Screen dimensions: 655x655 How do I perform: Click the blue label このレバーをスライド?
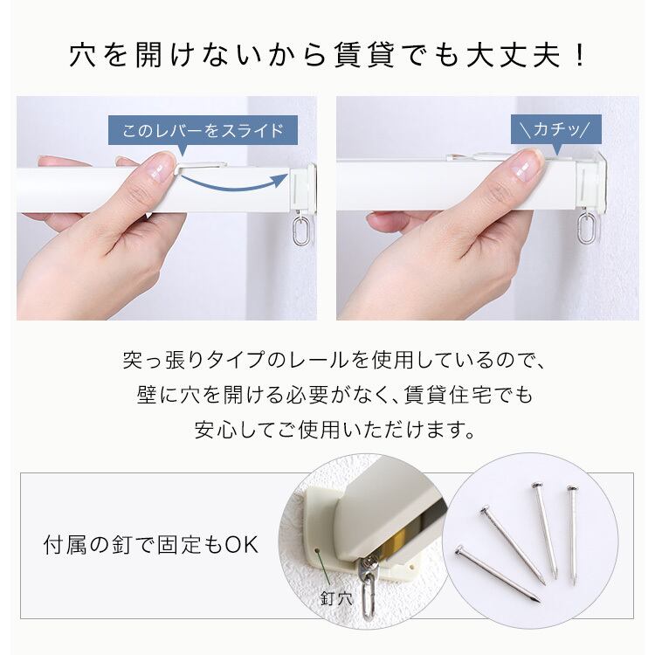pyautogui.click(x=203, y=130)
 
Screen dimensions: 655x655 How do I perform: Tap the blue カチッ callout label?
pyautogui.click(x=556, y=129)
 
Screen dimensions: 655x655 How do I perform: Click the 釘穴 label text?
pyautogui.click(x=337, y=598)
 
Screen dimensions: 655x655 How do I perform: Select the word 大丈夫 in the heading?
pyautogui.click(x=513, y=57)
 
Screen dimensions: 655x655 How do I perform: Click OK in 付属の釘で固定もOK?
pyautogui.click(x=242, y=545)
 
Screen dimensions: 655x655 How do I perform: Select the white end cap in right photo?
pyautogui.click(x=589, y=182)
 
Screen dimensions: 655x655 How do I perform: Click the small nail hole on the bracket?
pyautogui.click(x=317, y=550)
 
